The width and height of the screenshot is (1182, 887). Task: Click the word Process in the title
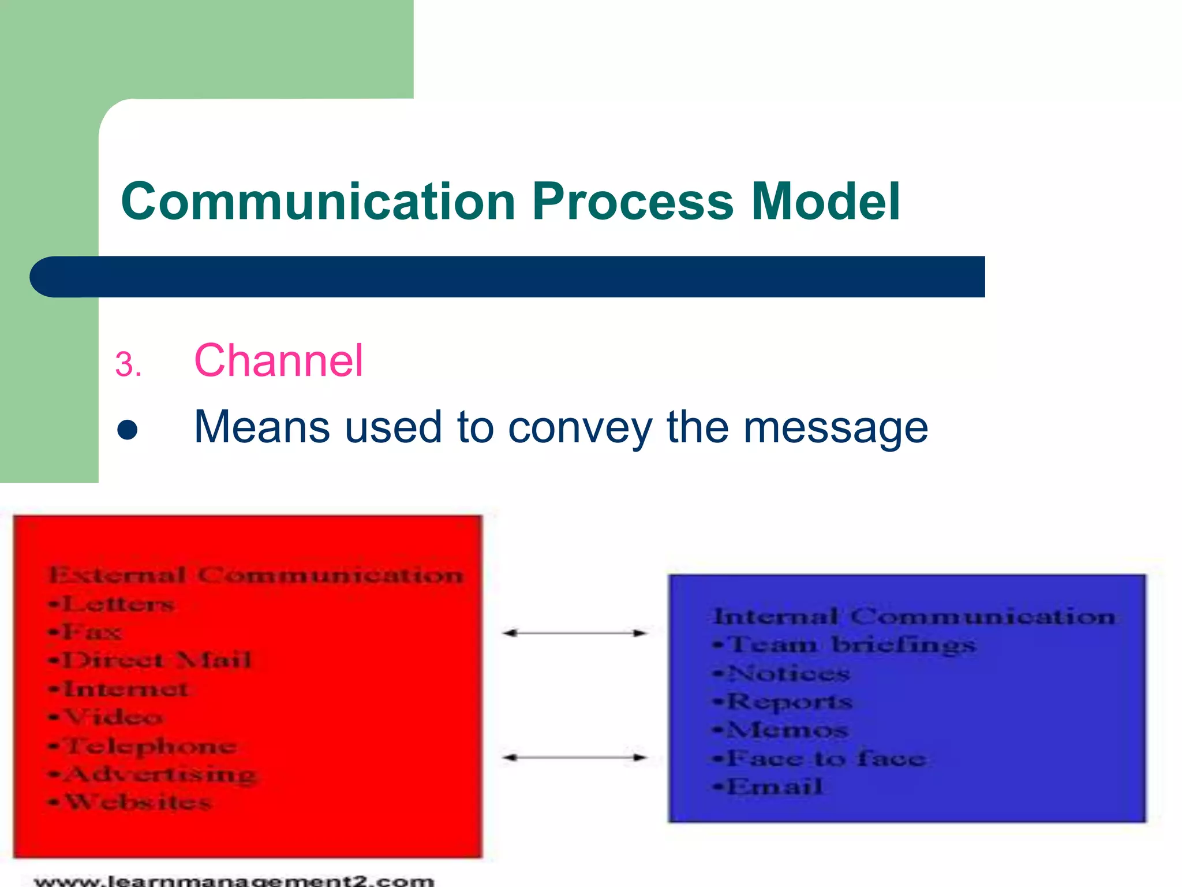tap(633, 202)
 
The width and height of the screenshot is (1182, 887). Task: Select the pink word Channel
tap(278, 361)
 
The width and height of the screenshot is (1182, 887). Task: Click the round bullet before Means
tap(127, 430)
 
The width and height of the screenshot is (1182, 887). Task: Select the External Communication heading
tap(256, 575)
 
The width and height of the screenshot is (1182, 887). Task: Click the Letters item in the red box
tap(118, 604)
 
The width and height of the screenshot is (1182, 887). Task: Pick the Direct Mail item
tap(156, 660)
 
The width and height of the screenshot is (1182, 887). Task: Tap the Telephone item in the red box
tap(149, 746)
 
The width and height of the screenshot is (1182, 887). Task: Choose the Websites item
tap(137, 802)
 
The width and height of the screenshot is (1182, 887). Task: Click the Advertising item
tap(159, 774)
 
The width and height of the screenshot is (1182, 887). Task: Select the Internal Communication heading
tap(914, 616)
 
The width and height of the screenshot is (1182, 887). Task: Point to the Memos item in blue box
tap(787, 730)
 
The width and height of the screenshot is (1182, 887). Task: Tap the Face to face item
tap(825, 758)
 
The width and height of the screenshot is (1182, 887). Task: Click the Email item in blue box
tap(774, 787)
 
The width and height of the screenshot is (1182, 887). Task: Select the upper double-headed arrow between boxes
tap(574, 633)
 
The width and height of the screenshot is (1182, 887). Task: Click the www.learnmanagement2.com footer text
tap(234, 881)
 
